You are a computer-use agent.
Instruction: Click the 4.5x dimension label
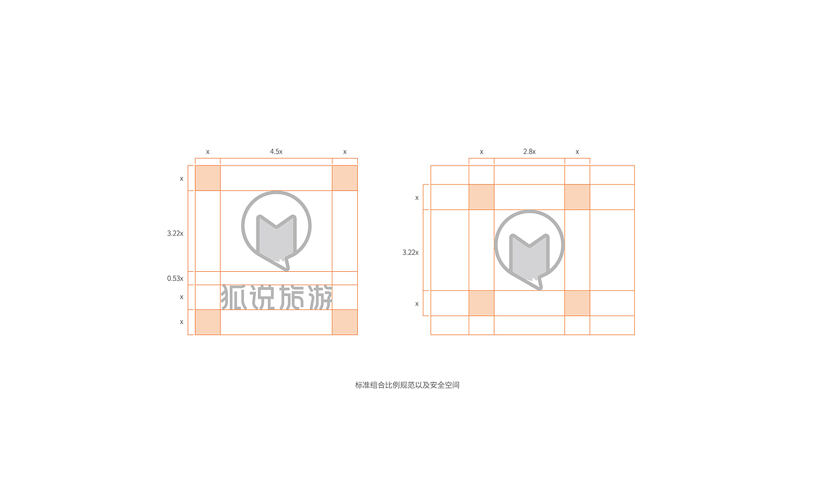pyautogui.click(x=276, y=152)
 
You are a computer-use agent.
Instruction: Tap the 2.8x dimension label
pyautogui.click(x=529, y=152)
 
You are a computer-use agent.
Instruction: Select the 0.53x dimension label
pyautogui.click(x=175, y=278)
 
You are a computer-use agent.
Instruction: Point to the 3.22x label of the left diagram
pyautogui.click(x=175, y=233)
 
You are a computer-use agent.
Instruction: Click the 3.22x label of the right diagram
pyautogui.click(x=411, y=252)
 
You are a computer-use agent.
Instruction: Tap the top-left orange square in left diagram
pyautogui.click(x=208, y=178)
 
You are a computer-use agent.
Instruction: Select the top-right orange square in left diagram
pyautogui.click(x=345, y=178)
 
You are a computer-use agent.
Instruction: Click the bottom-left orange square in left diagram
pyautogui.click(x=208, y=322)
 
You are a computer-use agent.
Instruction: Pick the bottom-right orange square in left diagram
pyautogui.click(x=345, y=322)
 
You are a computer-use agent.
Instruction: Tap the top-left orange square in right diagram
pyautogui.click(x=481, y=197)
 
